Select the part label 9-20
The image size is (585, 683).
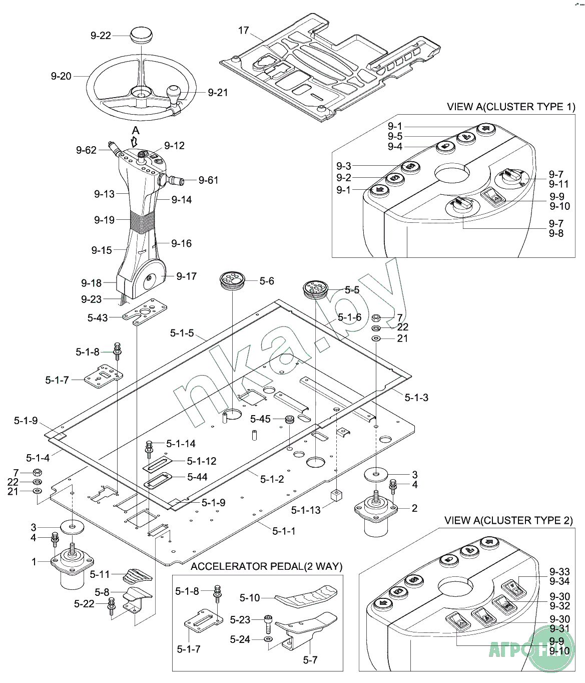point(61,77)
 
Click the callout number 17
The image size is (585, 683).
point(243,31)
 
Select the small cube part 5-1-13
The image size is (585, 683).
point(336,496)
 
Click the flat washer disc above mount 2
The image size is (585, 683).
point(376,474)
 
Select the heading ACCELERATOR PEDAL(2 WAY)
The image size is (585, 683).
point(266,566)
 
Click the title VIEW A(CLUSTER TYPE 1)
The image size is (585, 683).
point(510,107)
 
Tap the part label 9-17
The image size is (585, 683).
point(186,276)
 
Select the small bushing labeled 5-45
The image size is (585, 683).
point(289,419)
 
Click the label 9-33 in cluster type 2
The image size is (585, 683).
point(559,572)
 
